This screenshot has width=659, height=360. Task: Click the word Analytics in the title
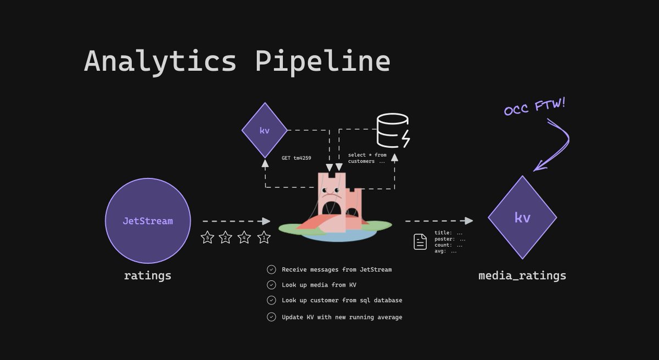(160, 61)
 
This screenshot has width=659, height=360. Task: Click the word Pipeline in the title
(322, 61)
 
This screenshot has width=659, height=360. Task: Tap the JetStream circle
(148, 221)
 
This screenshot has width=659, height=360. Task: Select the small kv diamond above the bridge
(265, 131)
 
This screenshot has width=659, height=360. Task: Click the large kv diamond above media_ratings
(522, 217)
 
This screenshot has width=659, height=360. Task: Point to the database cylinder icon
(393, 131)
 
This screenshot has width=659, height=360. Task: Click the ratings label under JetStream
(148, 275)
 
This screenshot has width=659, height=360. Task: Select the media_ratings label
(522, 275)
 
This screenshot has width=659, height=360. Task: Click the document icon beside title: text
(420, 241)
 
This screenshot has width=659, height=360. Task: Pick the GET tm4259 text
(297, 157)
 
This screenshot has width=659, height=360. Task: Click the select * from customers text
(367, 158)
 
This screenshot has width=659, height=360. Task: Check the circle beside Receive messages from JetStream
(271, 269)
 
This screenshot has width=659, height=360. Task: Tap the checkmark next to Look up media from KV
(271, 285)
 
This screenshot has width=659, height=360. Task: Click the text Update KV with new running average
(342, 317)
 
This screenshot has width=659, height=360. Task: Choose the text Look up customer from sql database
(342, 300)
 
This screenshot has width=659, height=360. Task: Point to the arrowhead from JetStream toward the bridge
(267, 221)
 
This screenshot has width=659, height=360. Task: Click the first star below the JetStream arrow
(207, 238)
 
